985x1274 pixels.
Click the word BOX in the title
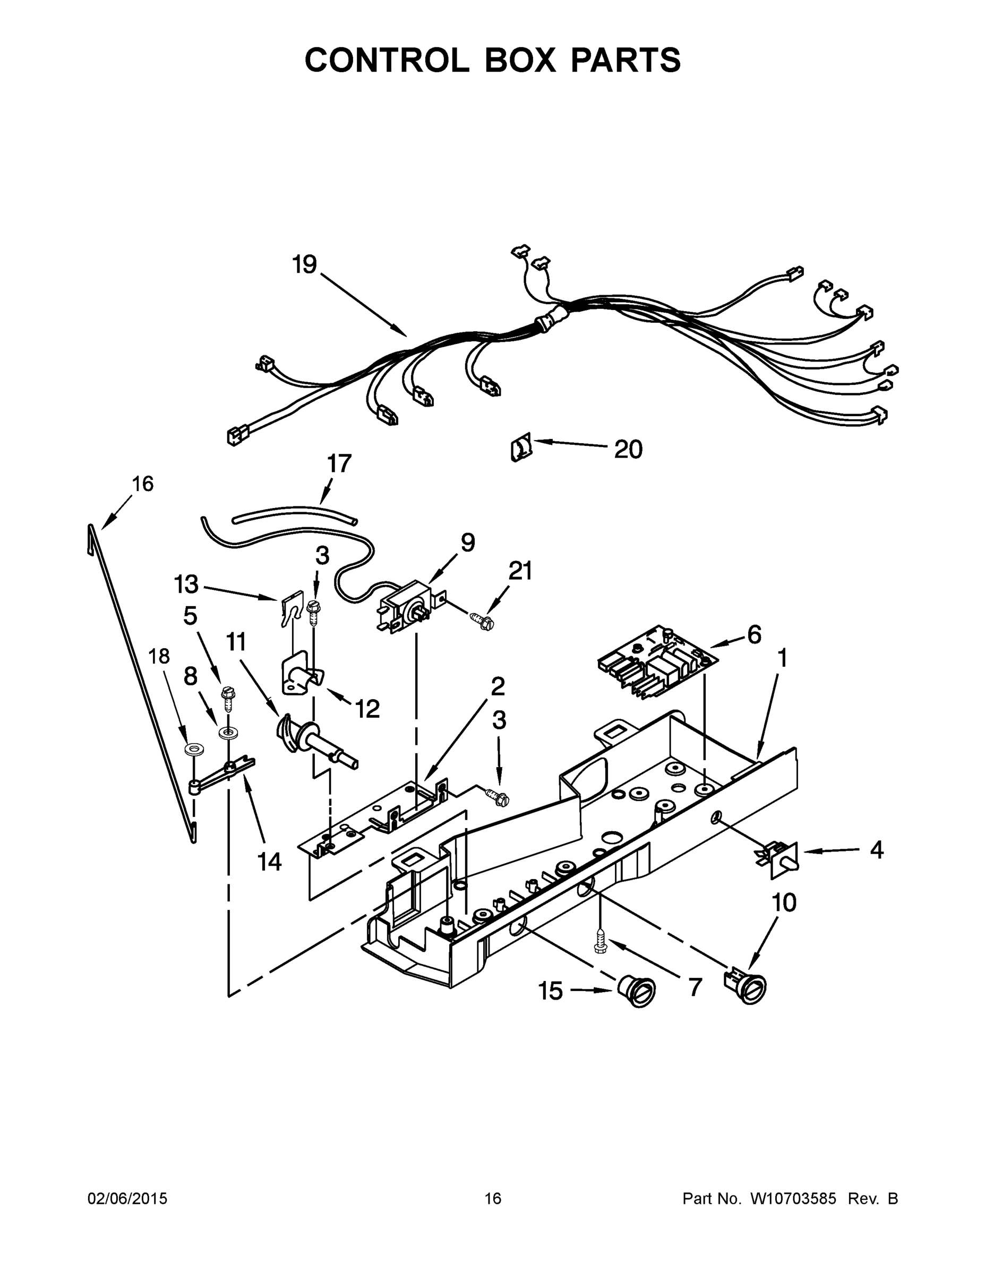pyautogui.click(x=519, y=60)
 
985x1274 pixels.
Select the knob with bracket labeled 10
pyautogui.click(x=747, y=986)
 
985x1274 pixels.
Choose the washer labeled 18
pyautogui.click(x=191, y=748)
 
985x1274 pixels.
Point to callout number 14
pyautogui.click(x=270, y=861)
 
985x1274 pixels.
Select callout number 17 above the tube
pyautogui.click(x=339, y=464)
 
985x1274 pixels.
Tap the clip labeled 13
pyautogui.click(x=290, y=607)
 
